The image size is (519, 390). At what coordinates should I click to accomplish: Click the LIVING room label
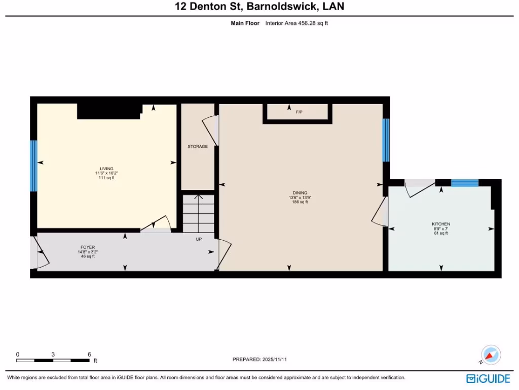tap(106, 169)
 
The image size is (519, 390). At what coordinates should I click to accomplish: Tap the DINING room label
tap(300, 193)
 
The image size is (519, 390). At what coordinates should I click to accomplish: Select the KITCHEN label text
tap(440, 224)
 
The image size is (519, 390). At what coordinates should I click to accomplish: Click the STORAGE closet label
tap(198, 147)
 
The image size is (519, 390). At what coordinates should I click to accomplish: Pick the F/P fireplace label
tap(299, 112)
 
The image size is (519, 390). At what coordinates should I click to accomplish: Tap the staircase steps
tap(198, 212)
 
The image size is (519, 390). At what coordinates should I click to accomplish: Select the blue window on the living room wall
tap(33, 166)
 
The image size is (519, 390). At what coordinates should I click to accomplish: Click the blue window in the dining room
tap(386, 140)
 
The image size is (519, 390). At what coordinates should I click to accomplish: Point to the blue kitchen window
tap(464, 183)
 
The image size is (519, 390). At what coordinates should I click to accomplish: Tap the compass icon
tap(491, 354)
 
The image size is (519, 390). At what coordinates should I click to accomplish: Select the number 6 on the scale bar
tap(89, 354)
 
